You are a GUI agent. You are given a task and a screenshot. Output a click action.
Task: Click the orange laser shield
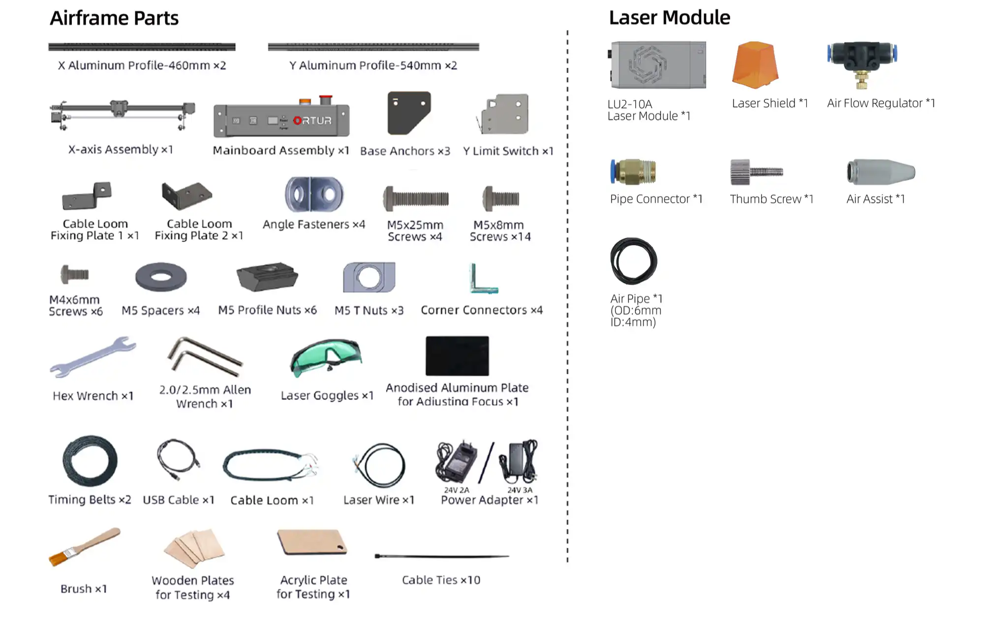coord(755,65)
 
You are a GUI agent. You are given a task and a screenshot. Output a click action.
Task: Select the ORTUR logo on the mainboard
coord(312,121)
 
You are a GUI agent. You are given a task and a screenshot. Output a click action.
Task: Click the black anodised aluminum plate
coord(457,356)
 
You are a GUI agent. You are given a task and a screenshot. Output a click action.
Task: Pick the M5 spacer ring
coord(161,277)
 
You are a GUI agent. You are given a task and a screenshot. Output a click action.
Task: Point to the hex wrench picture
coord(92,357)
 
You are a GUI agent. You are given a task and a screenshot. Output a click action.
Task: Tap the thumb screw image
coord(756,172)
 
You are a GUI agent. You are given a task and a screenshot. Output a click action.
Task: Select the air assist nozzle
coord(880,172)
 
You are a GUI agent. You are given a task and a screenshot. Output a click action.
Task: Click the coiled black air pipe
coord(633,261)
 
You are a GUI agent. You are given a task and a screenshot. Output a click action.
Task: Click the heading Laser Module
coord(669,18)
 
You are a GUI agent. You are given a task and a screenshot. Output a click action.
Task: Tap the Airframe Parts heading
coord(114,18)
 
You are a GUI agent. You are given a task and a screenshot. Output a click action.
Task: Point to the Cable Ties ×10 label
coord(441,580)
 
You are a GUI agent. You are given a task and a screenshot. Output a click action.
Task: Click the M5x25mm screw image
coord(416,199)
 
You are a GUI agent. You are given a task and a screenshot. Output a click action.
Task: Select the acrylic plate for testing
coord(312,542)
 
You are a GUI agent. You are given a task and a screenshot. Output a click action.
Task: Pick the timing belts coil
coord(90,461)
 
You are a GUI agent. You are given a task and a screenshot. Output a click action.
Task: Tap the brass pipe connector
coord(633,172)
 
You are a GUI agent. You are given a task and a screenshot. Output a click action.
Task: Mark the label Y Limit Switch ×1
coord(508,151)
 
